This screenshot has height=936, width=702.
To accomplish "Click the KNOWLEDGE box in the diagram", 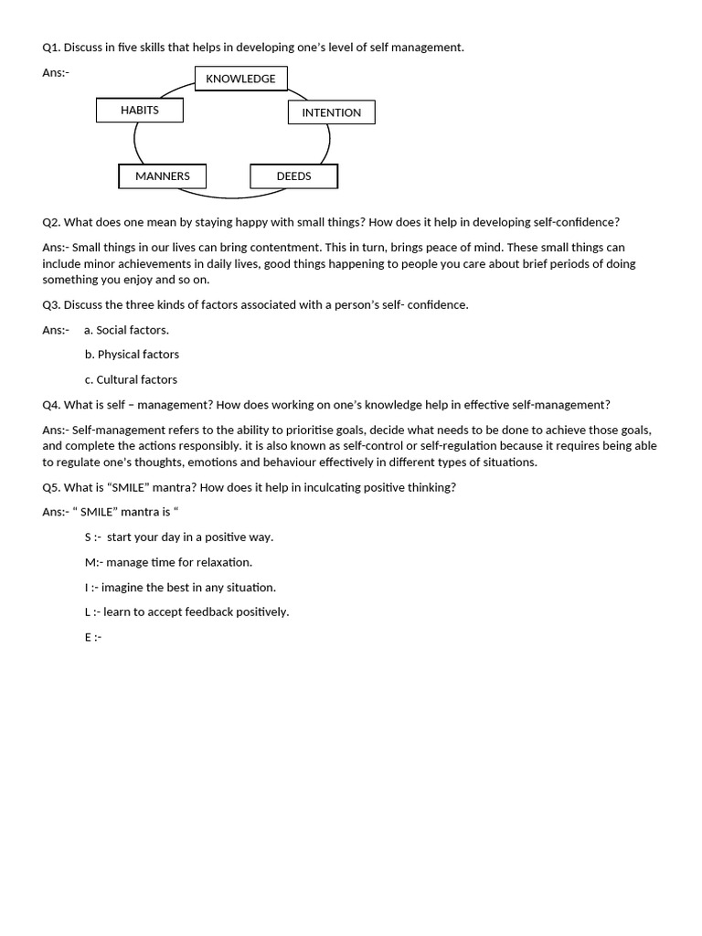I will pos(240,79).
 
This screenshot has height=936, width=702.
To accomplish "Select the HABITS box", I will pos(140,110).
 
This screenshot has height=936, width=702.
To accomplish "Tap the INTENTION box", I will pos(331,112).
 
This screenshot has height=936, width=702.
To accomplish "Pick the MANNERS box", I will pos(163,176).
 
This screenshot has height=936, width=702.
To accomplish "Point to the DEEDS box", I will pos(293,176).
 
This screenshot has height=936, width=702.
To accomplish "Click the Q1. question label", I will pos(51,48).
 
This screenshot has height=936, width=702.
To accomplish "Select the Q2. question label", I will pos(51,222).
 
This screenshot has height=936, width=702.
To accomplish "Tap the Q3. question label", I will pos(51,304).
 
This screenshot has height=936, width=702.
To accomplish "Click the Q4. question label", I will pos(51,405).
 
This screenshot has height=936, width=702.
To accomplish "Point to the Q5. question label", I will pos(51,487).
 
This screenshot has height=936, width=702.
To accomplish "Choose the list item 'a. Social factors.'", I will pos(126,330).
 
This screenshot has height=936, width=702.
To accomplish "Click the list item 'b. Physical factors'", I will pos(132,355).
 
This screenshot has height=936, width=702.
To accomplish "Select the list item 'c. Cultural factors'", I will pos(131,379).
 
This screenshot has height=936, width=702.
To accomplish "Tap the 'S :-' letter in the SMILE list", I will pos(92,537).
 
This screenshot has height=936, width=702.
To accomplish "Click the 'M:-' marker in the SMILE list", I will pos(93,562).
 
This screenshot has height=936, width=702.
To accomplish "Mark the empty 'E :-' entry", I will pos(92,637).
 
